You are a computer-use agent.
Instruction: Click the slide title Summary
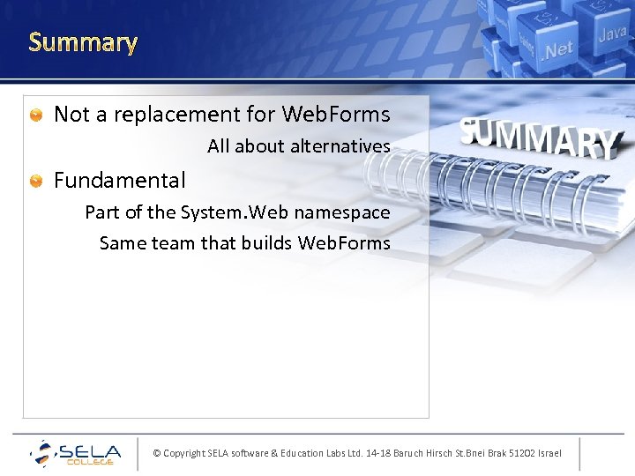83,42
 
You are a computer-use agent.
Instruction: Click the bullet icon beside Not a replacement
36,115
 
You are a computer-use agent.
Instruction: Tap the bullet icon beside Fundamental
36,182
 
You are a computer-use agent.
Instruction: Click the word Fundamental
120,181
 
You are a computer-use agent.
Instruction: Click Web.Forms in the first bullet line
335,115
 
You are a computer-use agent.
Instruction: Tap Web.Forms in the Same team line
344,243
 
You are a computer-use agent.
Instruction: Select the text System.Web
226,212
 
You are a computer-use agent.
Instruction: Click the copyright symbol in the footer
157,454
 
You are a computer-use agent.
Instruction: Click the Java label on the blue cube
612,35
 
